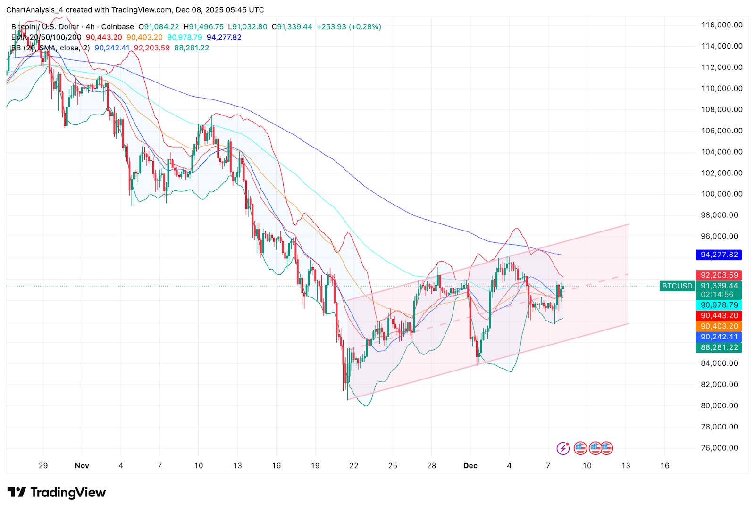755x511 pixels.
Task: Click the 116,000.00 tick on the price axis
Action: click(721, 25)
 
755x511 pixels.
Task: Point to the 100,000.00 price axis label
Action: click(721, 194)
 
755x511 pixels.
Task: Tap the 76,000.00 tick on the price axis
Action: click(719, 448)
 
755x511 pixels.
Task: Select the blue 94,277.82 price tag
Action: click(719, 255)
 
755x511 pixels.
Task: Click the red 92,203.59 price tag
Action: click(719, 275)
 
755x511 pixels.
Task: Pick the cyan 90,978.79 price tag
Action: click(719, 305)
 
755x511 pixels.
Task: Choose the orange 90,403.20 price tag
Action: click(719, 326)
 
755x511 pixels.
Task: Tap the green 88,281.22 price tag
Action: click(719, 347)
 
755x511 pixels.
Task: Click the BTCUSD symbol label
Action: click(677, 286)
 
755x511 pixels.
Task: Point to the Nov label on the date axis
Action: click(82, 466)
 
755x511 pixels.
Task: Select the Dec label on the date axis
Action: click(470, 466)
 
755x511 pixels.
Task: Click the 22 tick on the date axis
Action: click(354, 466)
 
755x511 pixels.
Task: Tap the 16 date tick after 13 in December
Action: click(664, 466)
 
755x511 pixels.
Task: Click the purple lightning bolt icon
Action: click(563, 448)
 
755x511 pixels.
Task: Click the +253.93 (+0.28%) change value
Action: click(349, 27)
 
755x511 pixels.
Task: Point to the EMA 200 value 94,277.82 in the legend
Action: click(224, 37)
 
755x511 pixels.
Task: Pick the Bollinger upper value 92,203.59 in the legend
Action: click(151, 48)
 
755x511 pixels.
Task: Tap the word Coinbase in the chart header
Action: click(117, 27)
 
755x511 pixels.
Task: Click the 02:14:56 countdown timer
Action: click(717, 295)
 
